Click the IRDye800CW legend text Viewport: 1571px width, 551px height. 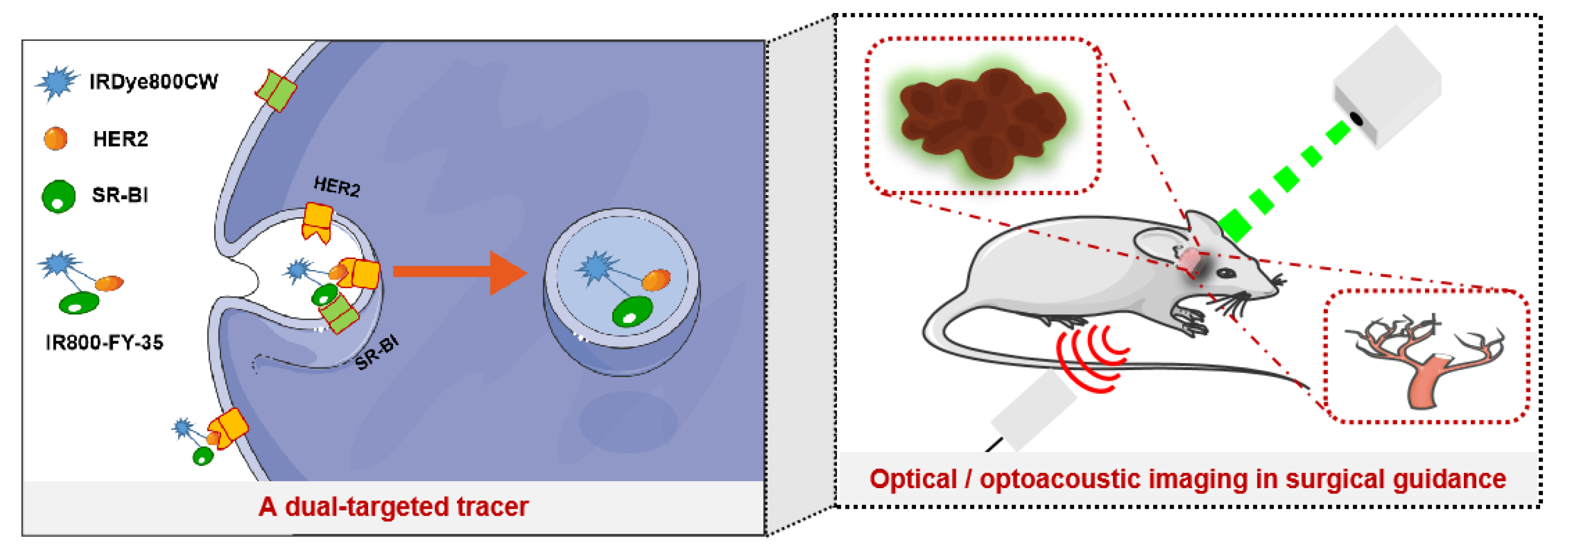[x=153, y=82]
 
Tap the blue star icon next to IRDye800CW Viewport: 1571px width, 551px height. [x=57, y=83]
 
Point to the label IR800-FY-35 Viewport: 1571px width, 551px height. [x=104, y=343]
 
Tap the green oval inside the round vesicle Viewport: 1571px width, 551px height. [x=632, y=312]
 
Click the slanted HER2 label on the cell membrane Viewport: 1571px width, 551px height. [x=337, y=186]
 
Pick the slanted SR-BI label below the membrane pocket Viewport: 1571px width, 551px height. [x=376, y=353]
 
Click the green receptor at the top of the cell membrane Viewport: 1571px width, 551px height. [x=276, y=91]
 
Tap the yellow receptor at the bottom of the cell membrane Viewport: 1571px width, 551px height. [x=228, y=427]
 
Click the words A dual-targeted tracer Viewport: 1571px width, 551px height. [x=394, y=507]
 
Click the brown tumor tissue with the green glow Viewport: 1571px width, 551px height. [x=983, y=122]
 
